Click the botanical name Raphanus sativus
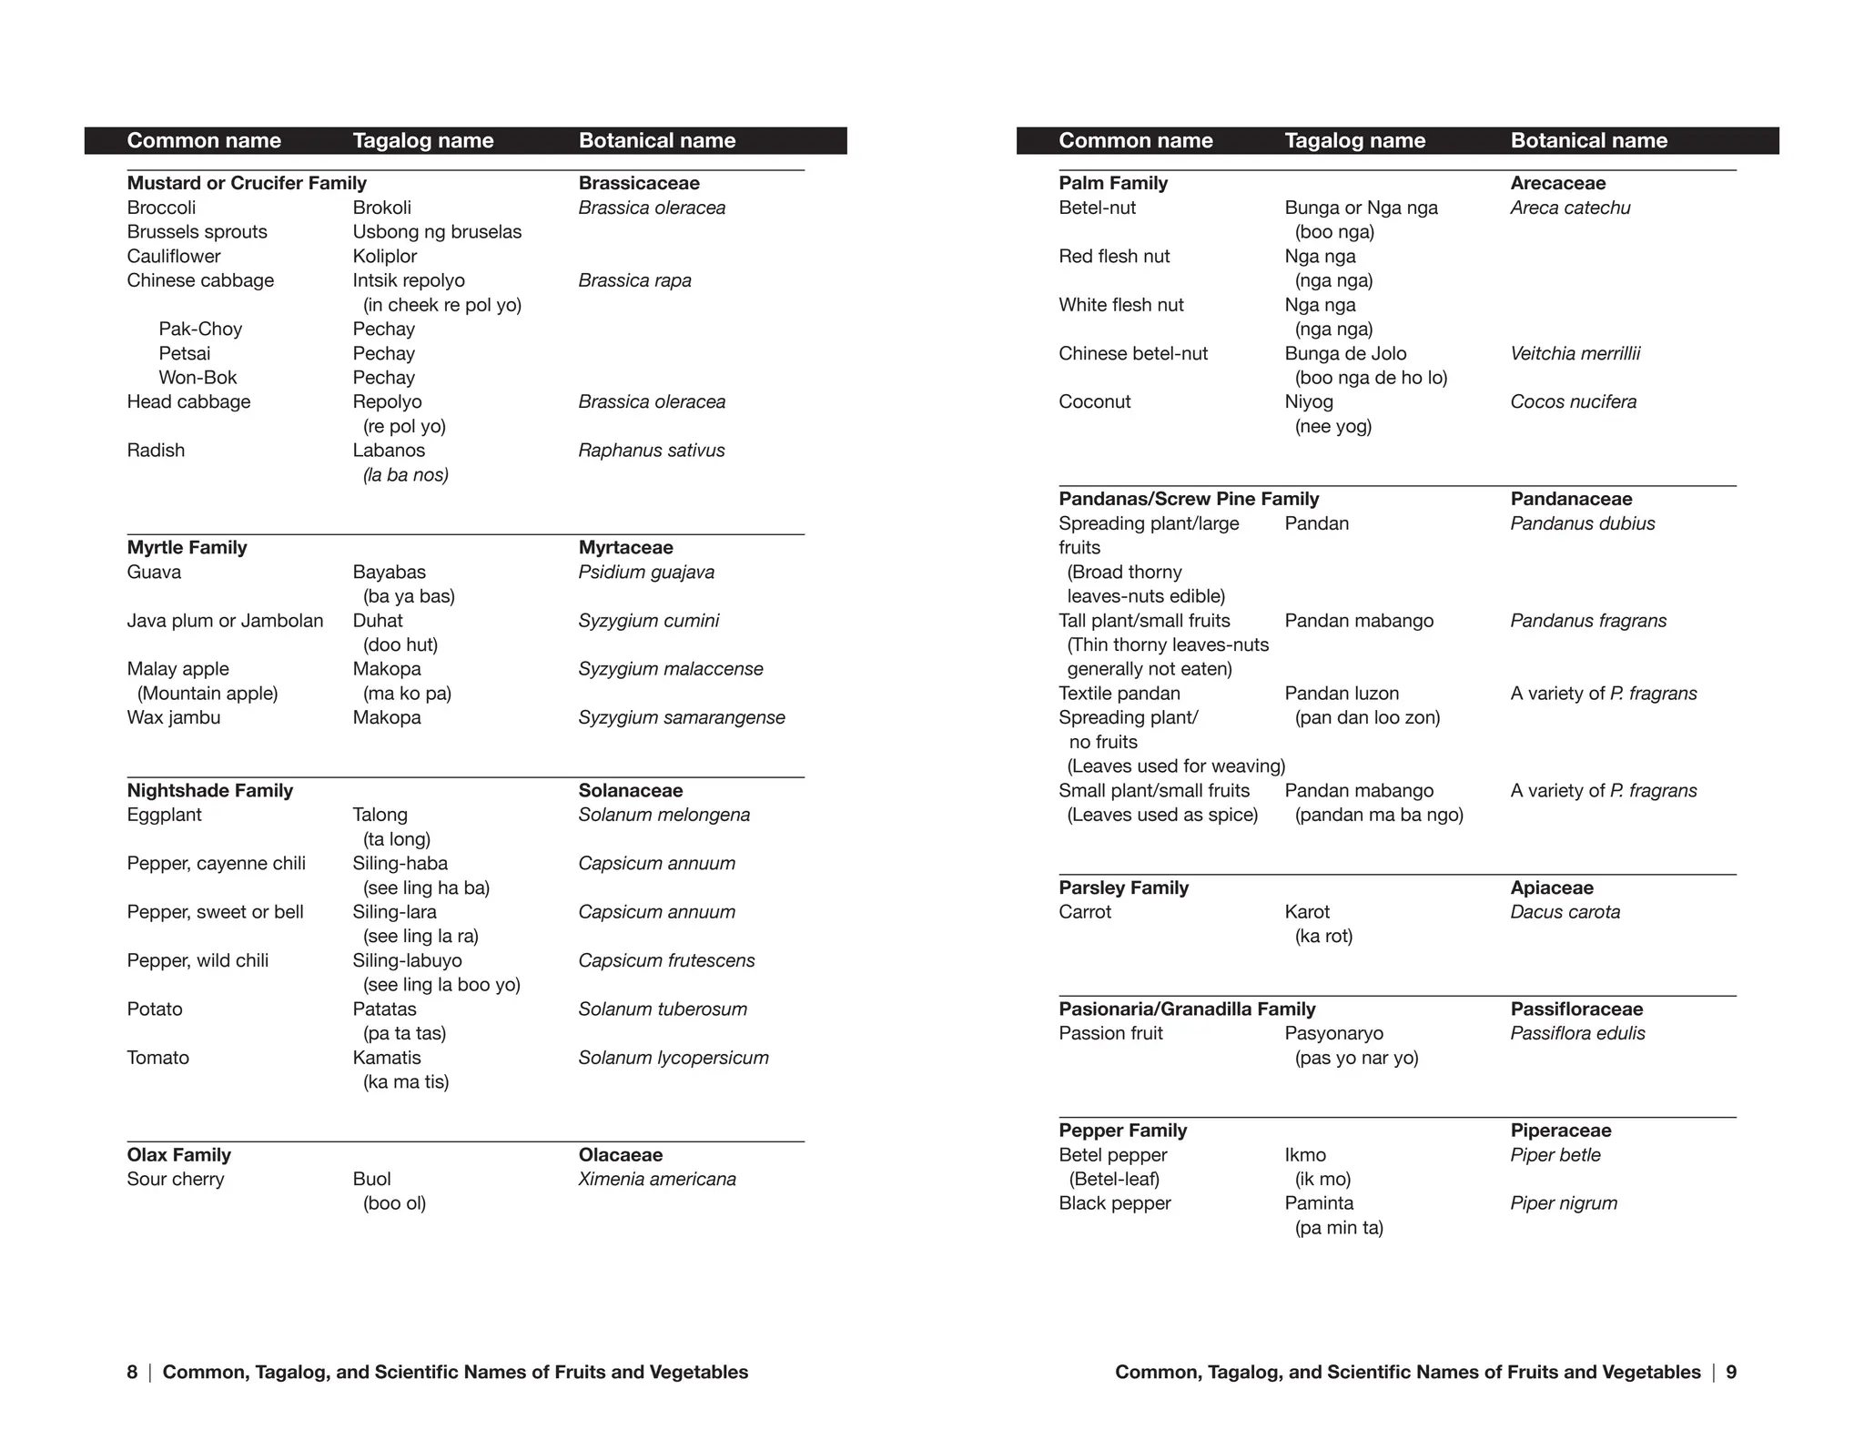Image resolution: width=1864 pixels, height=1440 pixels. (x=652, y=451)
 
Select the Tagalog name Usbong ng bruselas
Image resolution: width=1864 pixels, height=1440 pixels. (x=437, y=232)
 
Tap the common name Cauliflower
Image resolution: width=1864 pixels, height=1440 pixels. (x=174, y=257)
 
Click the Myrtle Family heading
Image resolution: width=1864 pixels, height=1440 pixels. (x=187, y=548)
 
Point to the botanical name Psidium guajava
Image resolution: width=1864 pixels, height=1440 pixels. (x=646, y=573)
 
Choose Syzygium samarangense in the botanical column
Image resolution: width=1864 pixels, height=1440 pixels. (x=682, y=718)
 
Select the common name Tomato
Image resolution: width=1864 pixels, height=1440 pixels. (x=158, y=1058)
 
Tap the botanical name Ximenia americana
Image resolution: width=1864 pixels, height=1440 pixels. (x=657, y=1180)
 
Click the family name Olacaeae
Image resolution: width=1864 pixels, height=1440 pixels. (x=621, y=1155)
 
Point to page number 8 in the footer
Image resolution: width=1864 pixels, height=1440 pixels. (x=132, y=1373)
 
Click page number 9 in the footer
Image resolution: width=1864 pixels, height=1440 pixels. (x=1731, y=1373)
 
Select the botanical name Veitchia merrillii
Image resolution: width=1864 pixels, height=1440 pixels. (x=1575, y=354)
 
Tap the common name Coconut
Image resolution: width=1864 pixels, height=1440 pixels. (x=1094, y=402)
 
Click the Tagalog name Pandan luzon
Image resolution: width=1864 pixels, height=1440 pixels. (x=1342, y=694)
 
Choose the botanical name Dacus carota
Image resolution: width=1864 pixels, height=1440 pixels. (x=1565, y=912)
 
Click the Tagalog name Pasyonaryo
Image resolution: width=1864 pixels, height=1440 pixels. (x=1333, y=1034)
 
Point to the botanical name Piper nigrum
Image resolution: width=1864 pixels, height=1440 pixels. (x=1564, y=1203)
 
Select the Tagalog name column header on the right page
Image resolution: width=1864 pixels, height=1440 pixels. (x=1354, y=141)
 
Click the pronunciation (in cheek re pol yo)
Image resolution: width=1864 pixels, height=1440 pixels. (x=442, y=305)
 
